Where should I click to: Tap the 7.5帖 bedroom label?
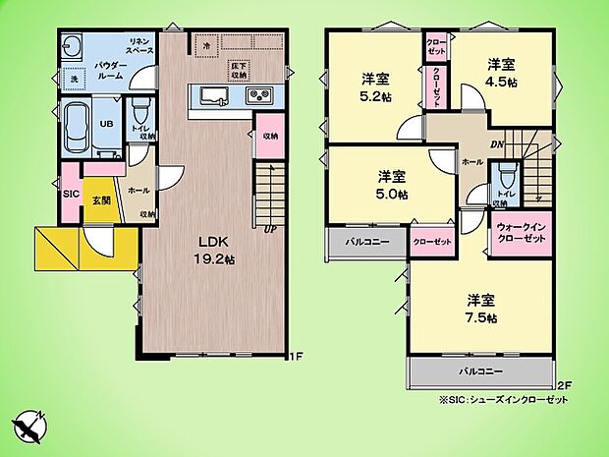(480, 310)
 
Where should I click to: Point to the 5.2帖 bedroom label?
(373, 86)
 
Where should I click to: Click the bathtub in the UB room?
(77, 128)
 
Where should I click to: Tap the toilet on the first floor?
(139, 108)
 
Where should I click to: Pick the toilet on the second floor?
(505, 177)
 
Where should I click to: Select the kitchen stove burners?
(260, 96)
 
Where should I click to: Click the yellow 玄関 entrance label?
(101, 200)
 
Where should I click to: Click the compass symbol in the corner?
(32, 426)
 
